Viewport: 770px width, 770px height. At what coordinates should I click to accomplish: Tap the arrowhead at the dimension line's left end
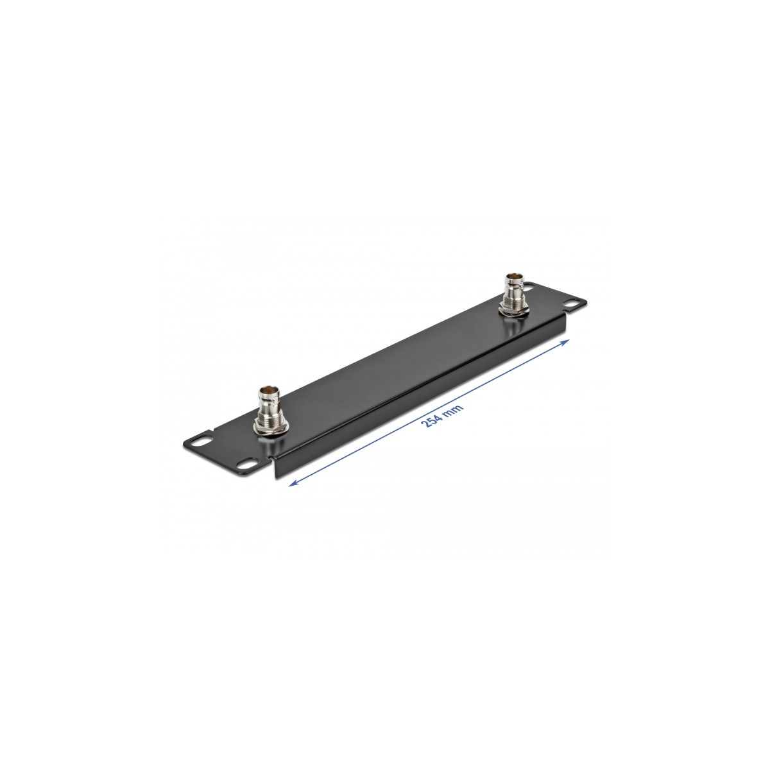(x=294, y=483)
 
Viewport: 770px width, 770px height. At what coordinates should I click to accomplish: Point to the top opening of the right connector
(x=514, y=277)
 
